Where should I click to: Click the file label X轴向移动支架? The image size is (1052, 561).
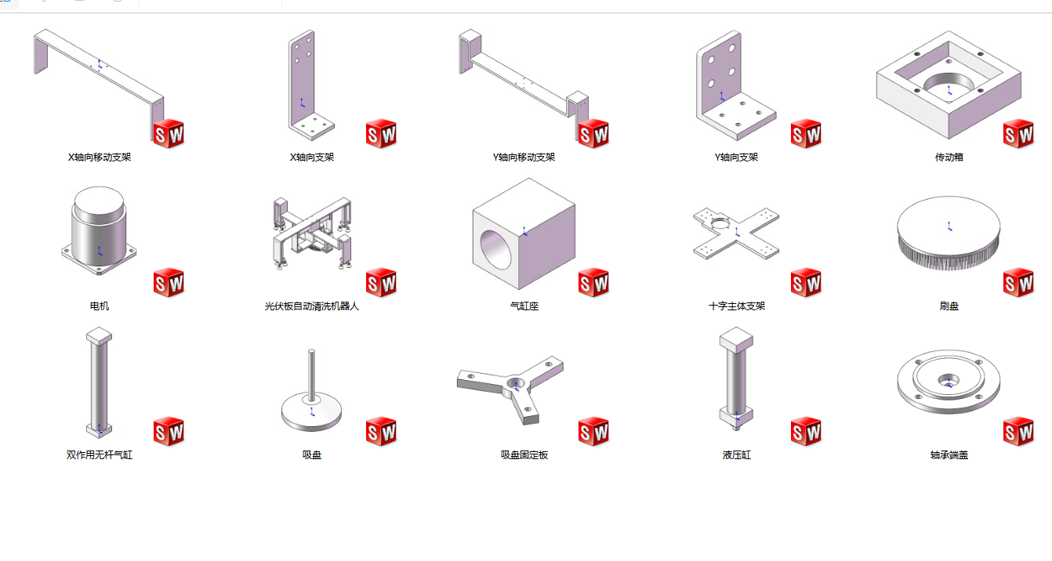tap(100, 157)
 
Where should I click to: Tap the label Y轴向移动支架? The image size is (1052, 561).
tap(524, 157)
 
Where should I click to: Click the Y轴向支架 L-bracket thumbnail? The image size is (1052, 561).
tap(729, 82)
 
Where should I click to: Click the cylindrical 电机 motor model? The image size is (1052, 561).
tap(100, 227)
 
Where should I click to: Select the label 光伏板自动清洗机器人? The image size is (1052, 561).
tap(312, 306)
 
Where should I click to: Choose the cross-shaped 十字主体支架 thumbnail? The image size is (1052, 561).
tap(736, 233)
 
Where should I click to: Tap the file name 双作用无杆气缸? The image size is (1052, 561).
tap(100, 454)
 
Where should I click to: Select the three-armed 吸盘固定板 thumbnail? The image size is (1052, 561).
tap(511, 388)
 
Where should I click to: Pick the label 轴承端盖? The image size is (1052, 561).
tap(949, 454)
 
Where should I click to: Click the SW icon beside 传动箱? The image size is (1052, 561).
tap(1018, 134)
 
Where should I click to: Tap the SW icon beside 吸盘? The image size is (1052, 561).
tap(381, 431)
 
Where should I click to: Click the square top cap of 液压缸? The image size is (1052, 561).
tap(736, 339)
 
